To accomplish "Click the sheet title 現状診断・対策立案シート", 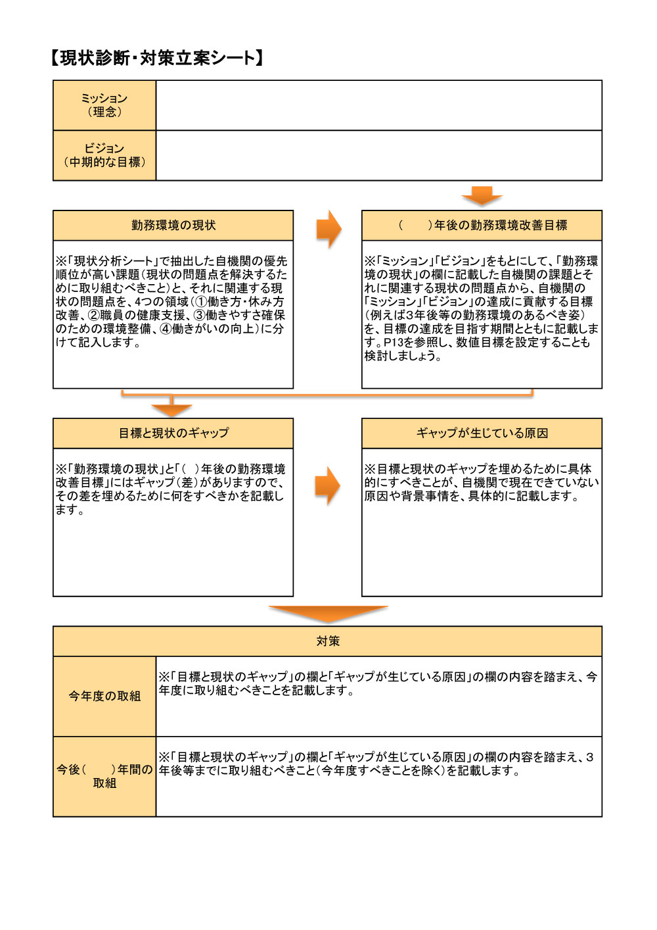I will (157, 58).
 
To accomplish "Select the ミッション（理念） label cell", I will (104, 105).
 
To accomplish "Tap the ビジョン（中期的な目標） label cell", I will (104, 155).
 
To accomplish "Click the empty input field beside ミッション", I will (378, 105).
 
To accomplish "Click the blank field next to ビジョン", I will (378, 155).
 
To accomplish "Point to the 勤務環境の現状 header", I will (173, 226).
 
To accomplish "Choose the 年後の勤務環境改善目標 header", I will (482, 226).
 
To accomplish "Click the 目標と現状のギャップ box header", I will (173, 433).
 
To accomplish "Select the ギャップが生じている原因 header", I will (482, 433).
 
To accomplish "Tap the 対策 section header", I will (327, 641).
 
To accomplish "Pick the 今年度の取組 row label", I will (104, 696).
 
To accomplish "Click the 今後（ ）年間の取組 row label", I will (104, 776).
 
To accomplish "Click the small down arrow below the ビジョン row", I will (482, 195).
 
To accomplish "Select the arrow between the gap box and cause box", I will (328, 486).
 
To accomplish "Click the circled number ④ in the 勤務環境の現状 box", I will (166, 329).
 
